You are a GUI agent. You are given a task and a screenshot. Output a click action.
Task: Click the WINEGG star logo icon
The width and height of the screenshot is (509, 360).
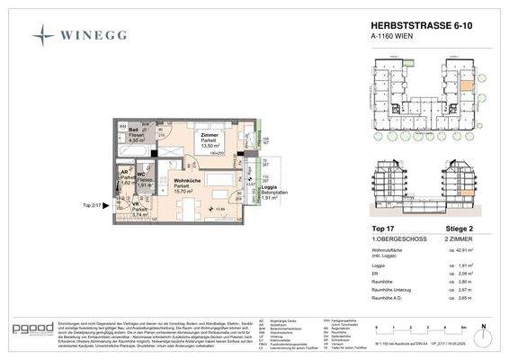[x=43, y=36]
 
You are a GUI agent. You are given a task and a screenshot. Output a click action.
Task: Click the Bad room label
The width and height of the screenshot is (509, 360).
[x=133, y=130]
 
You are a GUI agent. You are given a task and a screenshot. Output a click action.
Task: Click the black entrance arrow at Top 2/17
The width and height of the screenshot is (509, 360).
[x=106, y=205]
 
